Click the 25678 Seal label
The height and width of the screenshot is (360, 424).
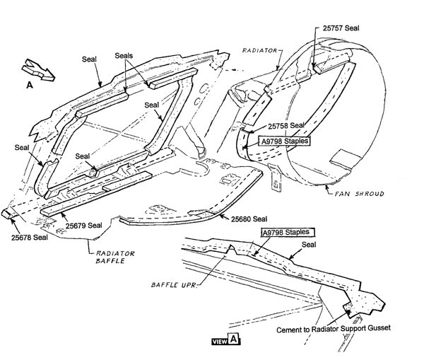tap(29, 238)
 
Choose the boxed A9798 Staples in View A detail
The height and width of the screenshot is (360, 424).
tap(288, 232)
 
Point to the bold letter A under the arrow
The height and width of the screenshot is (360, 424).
tap(29, 85)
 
